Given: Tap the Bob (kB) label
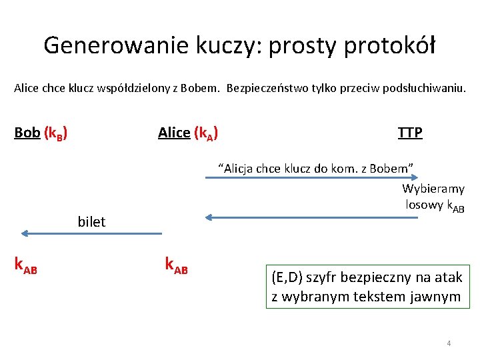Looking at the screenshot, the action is tap(41, 133).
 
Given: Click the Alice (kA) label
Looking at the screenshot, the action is tap(188, 133).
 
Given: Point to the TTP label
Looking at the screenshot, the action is tap(410, 133).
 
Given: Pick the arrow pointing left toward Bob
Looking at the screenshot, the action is tap(91, 233).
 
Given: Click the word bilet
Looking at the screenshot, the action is tap(91, 222).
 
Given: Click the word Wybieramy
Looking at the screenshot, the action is tap(433, 189).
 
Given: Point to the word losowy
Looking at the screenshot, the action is tap(425, 205).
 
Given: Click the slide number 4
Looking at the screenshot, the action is tap(449, 343).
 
